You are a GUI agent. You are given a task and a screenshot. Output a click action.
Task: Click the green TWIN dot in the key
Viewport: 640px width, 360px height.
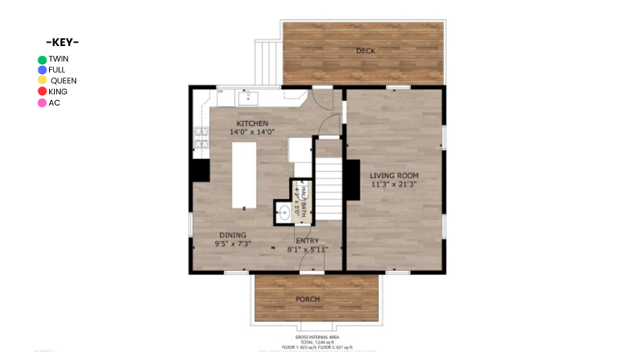42,59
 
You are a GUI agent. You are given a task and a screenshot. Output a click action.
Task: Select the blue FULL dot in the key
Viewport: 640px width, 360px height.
42,70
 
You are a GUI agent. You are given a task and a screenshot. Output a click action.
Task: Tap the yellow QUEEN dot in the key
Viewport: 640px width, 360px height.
42,81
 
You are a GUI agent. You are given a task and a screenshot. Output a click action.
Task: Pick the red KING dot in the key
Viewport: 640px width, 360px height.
42,92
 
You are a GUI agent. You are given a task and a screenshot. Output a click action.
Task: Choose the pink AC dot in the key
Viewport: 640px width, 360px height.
42,102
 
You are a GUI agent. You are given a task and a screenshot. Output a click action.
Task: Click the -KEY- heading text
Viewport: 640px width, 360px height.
62,42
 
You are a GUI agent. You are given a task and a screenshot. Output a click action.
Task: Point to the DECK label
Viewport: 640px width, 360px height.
365,52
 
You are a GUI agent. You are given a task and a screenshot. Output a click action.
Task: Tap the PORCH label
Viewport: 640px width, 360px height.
307,299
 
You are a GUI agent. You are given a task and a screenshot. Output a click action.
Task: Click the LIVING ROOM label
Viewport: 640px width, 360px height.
394,175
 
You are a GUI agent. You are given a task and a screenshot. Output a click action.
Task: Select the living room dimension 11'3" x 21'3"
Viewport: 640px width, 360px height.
394,184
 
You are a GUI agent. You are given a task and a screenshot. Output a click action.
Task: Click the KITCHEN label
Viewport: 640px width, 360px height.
252,123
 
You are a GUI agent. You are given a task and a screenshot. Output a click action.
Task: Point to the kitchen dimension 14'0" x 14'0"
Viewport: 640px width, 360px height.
252,132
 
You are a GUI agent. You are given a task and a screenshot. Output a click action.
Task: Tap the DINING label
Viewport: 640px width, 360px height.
232,235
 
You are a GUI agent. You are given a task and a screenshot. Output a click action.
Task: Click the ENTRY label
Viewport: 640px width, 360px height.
307,241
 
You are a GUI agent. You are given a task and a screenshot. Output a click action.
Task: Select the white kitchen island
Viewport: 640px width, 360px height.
243,174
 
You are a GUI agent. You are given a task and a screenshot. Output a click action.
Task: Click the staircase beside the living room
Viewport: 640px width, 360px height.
330,188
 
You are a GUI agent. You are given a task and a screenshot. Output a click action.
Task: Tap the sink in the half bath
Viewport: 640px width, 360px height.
284,212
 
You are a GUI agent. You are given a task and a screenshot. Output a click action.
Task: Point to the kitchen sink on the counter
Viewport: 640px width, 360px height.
248,98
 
